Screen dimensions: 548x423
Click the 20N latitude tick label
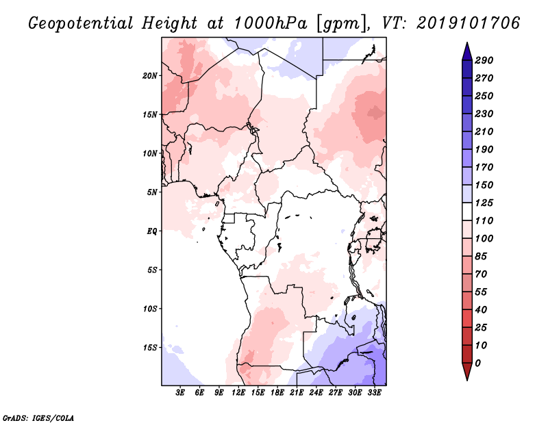(x=150, y=76)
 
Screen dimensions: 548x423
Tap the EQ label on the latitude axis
(x=152, y=231)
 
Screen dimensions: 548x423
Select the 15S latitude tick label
(x=150, y=348)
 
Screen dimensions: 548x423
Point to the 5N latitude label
(x=152, y=192)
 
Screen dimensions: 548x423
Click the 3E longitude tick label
(x=180, y=393)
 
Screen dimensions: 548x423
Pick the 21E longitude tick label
(x=297, y=393)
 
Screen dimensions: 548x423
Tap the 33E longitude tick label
(x=374, y=393)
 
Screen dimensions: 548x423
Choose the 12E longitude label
(x=238, y=393)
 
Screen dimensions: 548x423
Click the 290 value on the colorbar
(x=484, y=60)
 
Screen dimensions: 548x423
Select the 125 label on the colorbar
(x=484, y=203)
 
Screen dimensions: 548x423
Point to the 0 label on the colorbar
(x=477, y=363)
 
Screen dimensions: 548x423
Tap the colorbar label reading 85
(x=481, y=257)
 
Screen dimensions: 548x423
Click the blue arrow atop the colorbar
(x=467, y=52)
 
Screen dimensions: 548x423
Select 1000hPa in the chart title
(x=271, y=23)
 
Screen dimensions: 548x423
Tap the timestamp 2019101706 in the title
(x=469, y=23)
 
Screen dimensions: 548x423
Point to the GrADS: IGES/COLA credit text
(x=38, y=418)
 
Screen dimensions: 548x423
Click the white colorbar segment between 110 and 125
(x=467, y=211)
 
